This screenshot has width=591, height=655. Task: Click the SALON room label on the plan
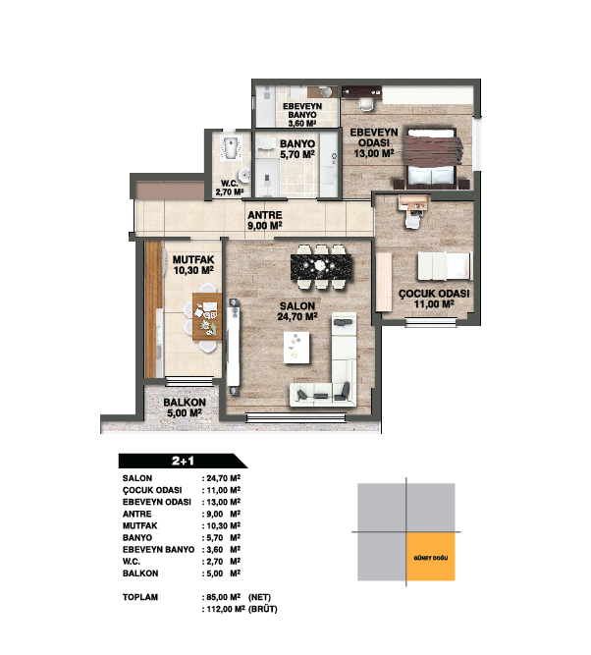tap(297, 306)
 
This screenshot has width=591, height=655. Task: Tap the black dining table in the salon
tap(321, 267)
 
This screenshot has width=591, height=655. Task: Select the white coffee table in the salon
tap(296, 347)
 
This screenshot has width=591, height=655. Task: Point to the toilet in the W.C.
tap(230, 148)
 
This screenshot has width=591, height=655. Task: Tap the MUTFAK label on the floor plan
tap(193, 259)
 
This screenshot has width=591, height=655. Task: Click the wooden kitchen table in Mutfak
tap(207, 316)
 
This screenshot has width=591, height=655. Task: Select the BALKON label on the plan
tap(185, 403)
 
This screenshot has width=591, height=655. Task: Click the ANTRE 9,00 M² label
tap(265, 221)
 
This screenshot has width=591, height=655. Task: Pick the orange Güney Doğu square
tap(431, 557)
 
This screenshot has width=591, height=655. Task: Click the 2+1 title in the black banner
tap(183, 461)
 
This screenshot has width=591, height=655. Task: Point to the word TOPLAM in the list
tap(140, 597)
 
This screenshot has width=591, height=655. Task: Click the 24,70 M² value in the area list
tap(224, 478)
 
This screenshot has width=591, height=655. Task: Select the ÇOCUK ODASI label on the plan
tap(434, 294)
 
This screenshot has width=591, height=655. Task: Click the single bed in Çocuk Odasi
tap(445, 266)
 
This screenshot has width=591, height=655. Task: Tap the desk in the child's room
tap(412, 204)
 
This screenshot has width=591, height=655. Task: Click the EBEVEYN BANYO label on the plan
tap(302, 111)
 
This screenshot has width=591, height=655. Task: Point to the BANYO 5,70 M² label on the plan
tap(297, 149)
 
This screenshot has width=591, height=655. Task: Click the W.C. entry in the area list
tap(132, 562)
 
